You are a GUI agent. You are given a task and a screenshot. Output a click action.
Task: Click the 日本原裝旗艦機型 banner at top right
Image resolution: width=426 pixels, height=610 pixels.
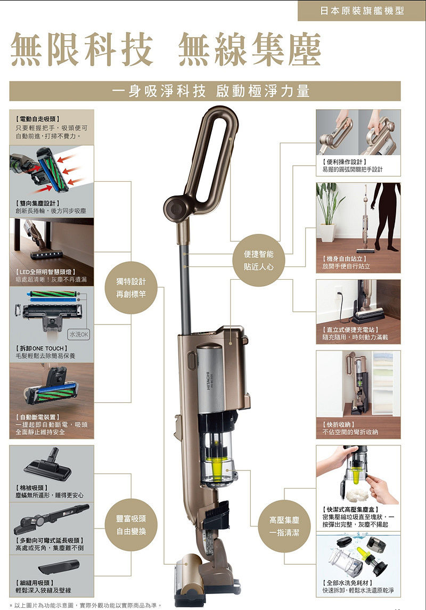point(362,11)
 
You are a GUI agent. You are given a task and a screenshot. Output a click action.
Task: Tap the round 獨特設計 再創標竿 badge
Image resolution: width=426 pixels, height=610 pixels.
point(131,288)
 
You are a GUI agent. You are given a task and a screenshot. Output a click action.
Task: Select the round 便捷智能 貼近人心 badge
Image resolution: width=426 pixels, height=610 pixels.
point(258,261)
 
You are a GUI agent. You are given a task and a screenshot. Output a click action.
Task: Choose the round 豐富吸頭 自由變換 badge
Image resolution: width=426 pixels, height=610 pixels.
point(131,525)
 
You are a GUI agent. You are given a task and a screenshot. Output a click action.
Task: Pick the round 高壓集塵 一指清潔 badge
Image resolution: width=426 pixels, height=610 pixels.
point(284,526)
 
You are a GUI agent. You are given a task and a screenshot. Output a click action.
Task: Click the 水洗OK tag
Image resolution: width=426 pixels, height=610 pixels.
point(79,334)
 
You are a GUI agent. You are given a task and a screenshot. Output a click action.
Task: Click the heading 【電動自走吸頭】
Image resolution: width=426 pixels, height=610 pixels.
point(37,119)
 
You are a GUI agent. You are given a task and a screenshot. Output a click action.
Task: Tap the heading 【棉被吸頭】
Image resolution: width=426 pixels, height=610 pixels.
point(32,487)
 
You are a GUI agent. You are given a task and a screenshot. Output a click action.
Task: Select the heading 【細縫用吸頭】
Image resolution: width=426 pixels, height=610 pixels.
point(35,582)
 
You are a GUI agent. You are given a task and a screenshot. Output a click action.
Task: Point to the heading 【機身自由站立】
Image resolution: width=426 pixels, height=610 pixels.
point(345,259)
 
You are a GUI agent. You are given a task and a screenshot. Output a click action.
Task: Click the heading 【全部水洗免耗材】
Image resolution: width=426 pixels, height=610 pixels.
point(348,582)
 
